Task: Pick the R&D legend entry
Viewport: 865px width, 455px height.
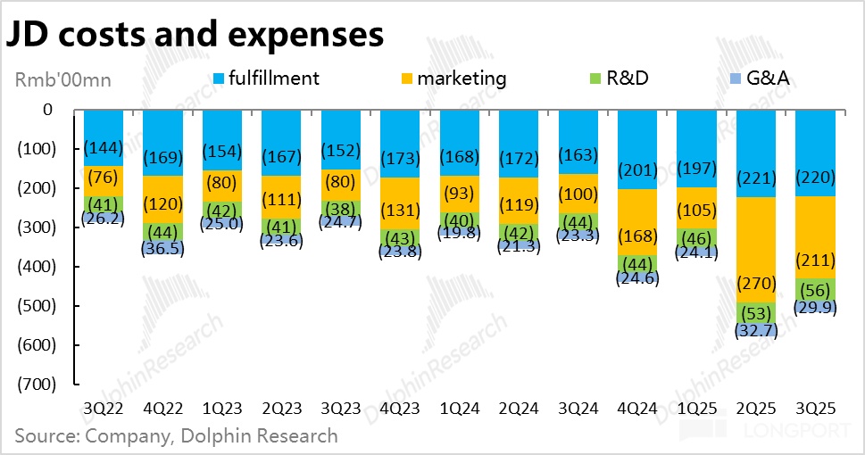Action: coord(627,79)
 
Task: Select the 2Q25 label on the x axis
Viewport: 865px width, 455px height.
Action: coord(757,409)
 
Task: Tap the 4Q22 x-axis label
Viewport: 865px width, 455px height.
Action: coord(162,409)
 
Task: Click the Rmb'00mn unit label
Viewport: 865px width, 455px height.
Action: coord(63,80)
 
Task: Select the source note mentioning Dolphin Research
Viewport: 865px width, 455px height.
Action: coord(177,435)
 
